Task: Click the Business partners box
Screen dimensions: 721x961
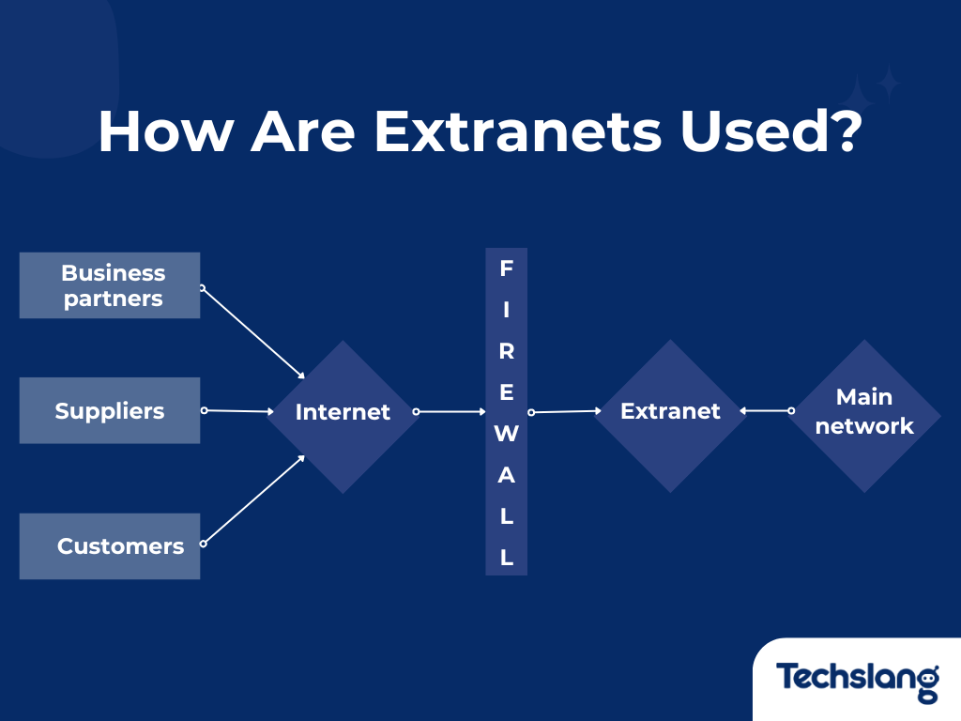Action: tap(110, 285)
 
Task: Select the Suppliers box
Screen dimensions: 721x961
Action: tap(110, 410)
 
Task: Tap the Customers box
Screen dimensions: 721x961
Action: tap(110, 545)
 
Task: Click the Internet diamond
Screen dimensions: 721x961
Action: tap(343, 413)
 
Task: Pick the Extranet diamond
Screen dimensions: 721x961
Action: tap(670, 413)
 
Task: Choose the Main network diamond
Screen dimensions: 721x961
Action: tap(863, 413)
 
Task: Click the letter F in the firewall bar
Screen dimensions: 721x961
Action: tap(506, 269)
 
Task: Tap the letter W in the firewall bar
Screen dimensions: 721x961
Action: tap(506, 434)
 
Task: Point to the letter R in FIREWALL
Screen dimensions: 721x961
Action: tap(506, 352)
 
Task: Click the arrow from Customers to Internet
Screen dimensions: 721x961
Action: tap(253, 499)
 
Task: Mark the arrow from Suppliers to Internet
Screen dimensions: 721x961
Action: tap(236, 410)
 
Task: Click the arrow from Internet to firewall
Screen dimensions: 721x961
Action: tap(450, 411)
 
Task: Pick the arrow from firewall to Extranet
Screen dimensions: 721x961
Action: tap(565, 411)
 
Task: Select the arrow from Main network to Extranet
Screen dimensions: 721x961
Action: tap(766, 410)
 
